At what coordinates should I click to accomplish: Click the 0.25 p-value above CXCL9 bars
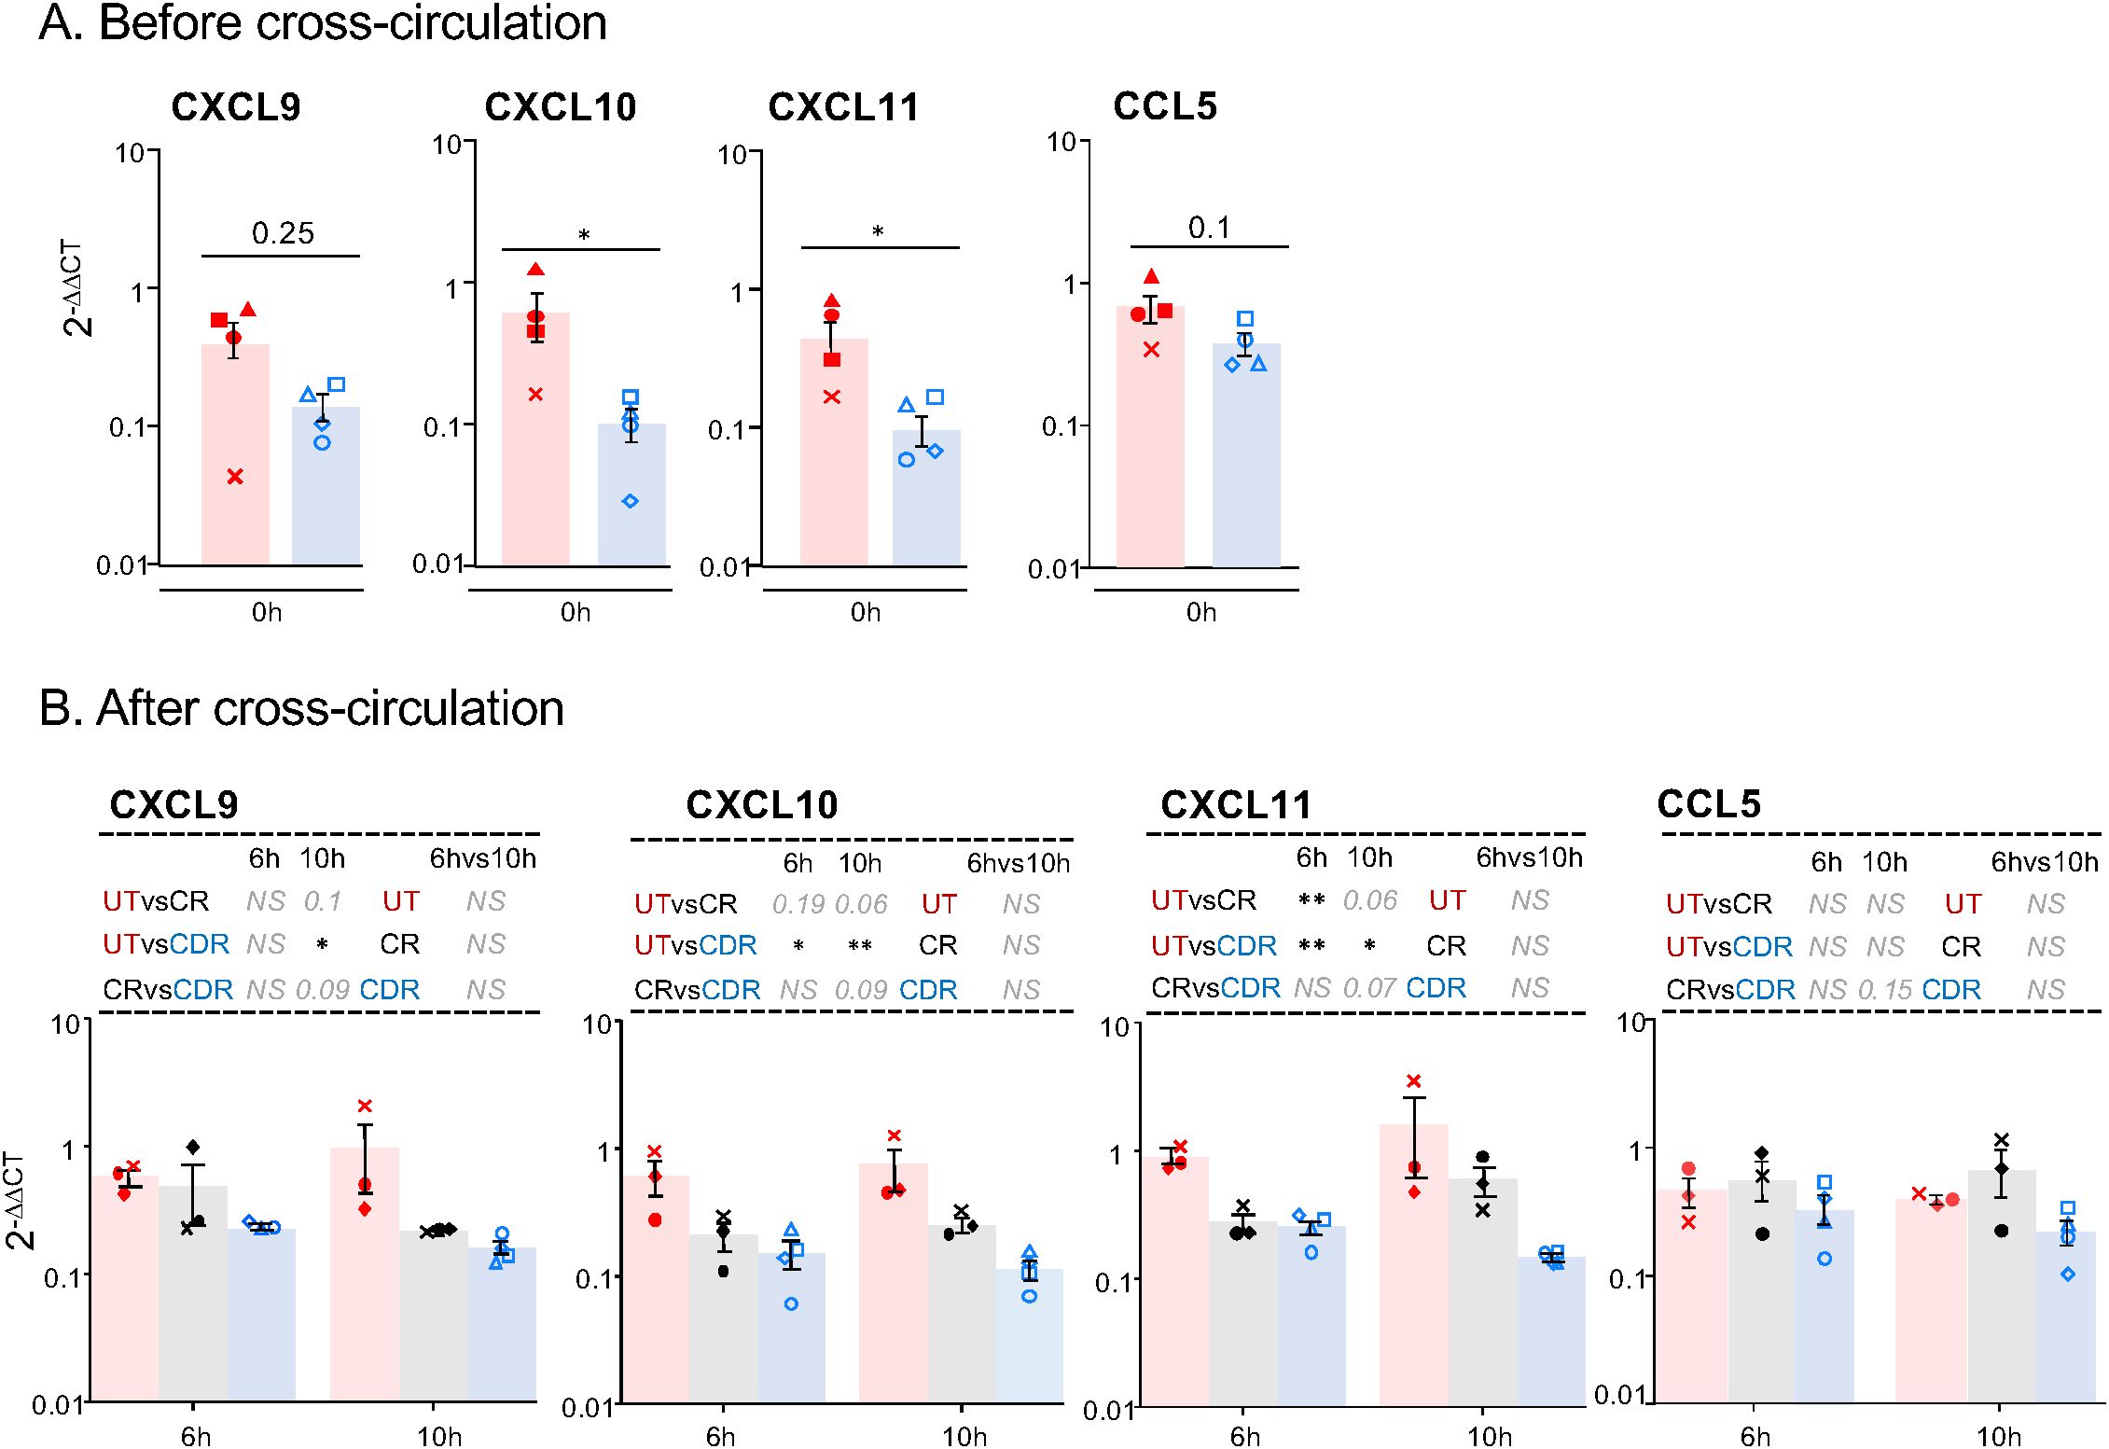click(x=283, y=233)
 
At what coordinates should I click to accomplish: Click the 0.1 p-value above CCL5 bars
click(x=1209, y=228)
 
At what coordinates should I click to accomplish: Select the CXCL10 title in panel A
click(x=560, y=107)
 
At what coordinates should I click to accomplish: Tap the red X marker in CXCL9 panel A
click(x=235, y=477)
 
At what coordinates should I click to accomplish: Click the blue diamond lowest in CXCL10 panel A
click(x=631, y=501)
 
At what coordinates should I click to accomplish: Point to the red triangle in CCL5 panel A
click(x=1152, y=276)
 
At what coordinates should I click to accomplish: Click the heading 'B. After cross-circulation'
click(x=301, y=708)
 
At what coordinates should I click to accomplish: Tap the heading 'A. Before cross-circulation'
click(x=323, y=22)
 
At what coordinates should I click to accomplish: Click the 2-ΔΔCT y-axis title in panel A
click(x=76, y=288)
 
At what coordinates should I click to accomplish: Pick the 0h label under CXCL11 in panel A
click(x=865, y=612)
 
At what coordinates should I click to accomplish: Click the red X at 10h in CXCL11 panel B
click(x=1414, y=1080)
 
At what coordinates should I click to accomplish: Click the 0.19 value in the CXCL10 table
click(x=798, y=904)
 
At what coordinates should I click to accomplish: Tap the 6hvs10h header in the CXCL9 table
click(x=482, y=858)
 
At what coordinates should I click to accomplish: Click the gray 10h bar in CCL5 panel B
click(x=2002, y=1306)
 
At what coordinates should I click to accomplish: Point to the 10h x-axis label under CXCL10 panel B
click(x=964, y=1436)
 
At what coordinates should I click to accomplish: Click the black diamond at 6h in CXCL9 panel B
click(x=193, y=1147)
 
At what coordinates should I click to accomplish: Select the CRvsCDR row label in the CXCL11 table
click(x=1215, y=988)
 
